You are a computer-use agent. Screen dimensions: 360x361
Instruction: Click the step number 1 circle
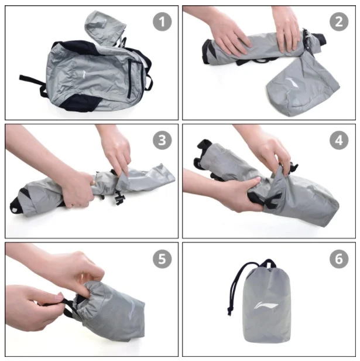[162, 22]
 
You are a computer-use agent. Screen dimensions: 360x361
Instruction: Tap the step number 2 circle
[339, 22]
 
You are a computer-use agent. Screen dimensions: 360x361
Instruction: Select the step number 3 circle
[162, 140]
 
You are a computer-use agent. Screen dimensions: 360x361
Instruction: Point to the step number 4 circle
[339, 140]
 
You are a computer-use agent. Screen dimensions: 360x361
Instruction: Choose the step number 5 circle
[162, 259]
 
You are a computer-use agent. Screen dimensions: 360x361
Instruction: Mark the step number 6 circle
[339, 259]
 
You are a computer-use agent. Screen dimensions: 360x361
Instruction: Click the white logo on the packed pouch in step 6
[266, 305]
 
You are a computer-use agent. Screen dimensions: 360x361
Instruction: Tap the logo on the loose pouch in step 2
[293, 82]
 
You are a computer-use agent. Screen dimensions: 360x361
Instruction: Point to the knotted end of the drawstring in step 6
[229, 311]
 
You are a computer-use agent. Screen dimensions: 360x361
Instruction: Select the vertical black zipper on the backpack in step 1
[129, 79]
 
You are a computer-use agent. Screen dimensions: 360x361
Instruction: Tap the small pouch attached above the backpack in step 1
[105, 27]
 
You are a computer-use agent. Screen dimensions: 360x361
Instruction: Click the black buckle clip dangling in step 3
[119, 197]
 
